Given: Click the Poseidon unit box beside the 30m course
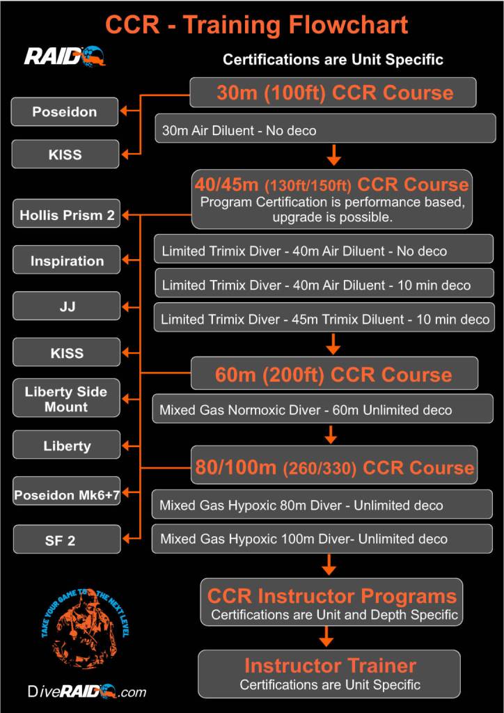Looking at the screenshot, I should click(x=65, y=111).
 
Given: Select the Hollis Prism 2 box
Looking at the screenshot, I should click(x=67, y=215).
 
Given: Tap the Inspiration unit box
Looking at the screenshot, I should click(x=67, y=261).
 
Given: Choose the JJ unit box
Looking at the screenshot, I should click(x=67, y=306).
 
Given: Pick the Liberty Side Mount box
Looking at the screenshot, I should click(x=67, y=399).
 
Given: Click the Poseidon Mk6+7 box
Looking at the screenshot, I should click(x=67, y=495).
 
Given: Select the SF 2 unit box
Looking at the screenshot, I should click(x=67, y=540).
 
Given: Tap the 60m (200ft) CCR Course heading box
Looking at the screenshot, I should click(x=333, y=375).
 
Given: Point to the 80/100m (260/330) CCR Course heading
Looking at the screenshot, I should click(x=334, y=468).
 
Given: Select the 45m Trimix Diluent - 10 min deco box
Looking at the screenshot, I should click(x=324, y=320).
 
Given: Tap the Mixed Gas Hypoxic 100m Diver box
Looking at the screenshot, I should click(x=322, y=539).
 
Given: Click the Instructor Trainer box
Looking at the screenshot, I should click(x=329, y=673).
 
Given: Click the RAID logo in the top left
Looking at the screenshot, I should click(x=64, y=55).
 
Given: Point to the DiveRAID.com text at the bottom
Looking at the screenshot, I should click(x=87, y=691).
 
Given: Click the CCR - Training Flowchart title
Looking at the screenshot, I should click(x=256, y=25).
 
